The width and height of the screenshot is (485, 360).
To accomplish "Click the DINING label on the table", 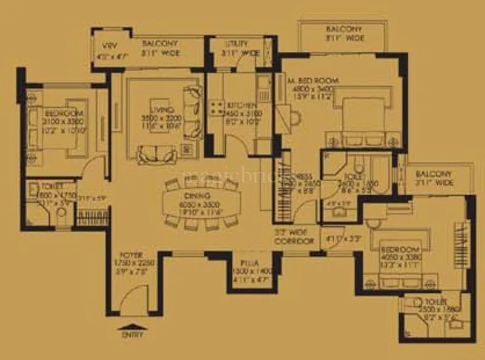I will [x=198, y=197].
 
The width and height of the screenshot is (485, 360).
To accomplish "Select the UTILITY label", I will [x=236, y=44].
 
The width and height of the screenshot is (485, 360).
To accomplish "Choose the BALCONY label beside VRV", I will [x=160, y=44].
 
